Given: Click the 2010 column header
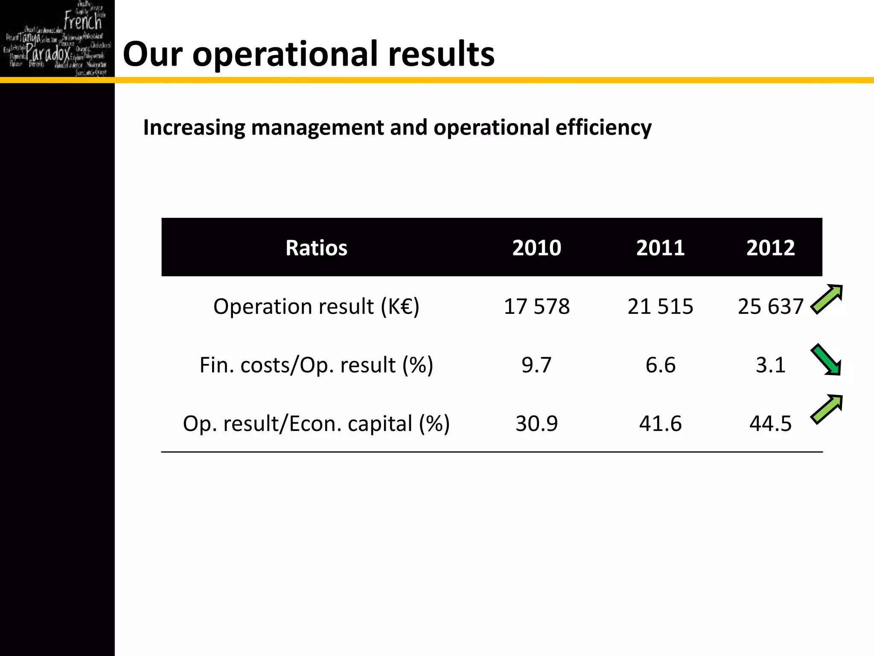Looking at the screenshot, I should tap(536, 248).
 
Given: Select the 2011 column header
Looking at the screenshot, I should tap(660, 248).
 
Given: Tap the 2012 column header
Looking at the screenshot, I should tap(770, 248).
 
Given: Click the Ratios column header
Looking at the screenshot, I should tap(316, 248).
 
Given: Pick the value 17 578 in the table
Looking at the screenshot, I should tap(536, 306).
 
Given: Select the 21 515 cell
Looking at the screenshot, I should tap(660, 306).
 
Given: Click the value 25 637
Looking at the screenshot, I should tap(770, 306).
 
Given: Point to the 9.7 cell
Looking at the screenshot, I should tap(536, 365).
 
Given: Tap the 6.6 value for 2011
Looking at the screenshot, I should tap(660, 365).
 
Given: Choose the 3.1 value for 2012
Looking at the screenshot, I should tap(770, 365).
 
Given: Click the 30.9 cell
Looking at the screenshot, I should tap(536, 423).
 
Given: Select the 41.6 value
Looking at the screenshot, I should tap(660, 423).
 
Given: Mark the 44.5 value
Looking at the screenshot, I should tap(770, 423).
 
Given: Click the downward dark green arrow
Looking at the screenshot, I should tap(826, 360).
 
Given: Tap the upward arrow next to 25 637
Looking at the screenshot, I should tap(827, 299).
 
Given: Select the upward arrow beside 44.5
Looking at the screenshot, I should tap(827, 409).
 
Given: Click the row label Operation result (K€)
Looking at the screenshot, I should tap(316, 306).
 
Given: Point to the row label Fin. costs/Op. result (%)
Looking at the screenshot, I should tap(316, 365).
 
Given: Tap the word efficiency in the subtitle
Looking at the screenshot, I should tap(603, 127).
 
